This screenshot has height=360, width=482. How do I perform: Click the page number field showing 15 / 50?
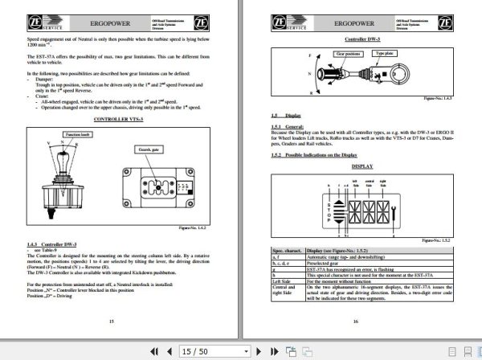click(195, 350)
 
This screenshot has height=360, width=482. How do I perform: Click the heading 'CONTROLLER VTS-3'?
click(120, 119)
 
